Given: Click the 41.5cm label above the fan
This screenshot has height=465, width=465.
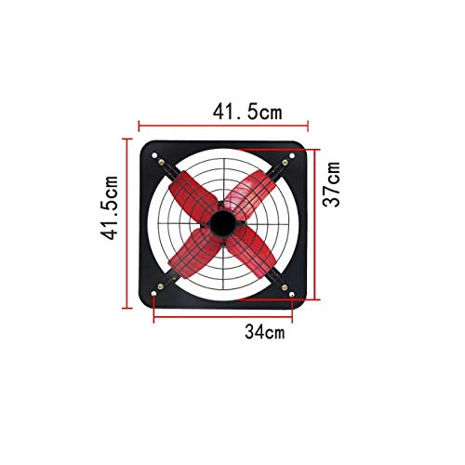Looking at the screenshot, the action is pyautogui.click(x=247, y=112).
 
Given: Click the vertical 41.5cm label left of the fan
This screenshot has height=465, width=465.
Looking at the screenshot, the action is pyautogui.click(x=110, y=207).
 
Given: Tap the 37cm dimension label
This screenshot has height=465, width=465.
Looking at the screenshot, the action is pyautogui.click(x=331, y=184).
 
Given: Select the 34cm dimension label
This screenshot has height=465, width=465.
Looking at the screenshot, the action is pyautogui.click(x=264, y=331).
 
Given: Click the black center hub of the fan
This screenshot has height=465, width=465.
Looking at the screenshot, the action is pyautogui.click(x=223, y=224).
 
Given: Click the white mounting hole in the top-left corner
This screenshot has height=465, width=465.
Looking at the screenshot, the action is pyautogui.click(x=154, y=155).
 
